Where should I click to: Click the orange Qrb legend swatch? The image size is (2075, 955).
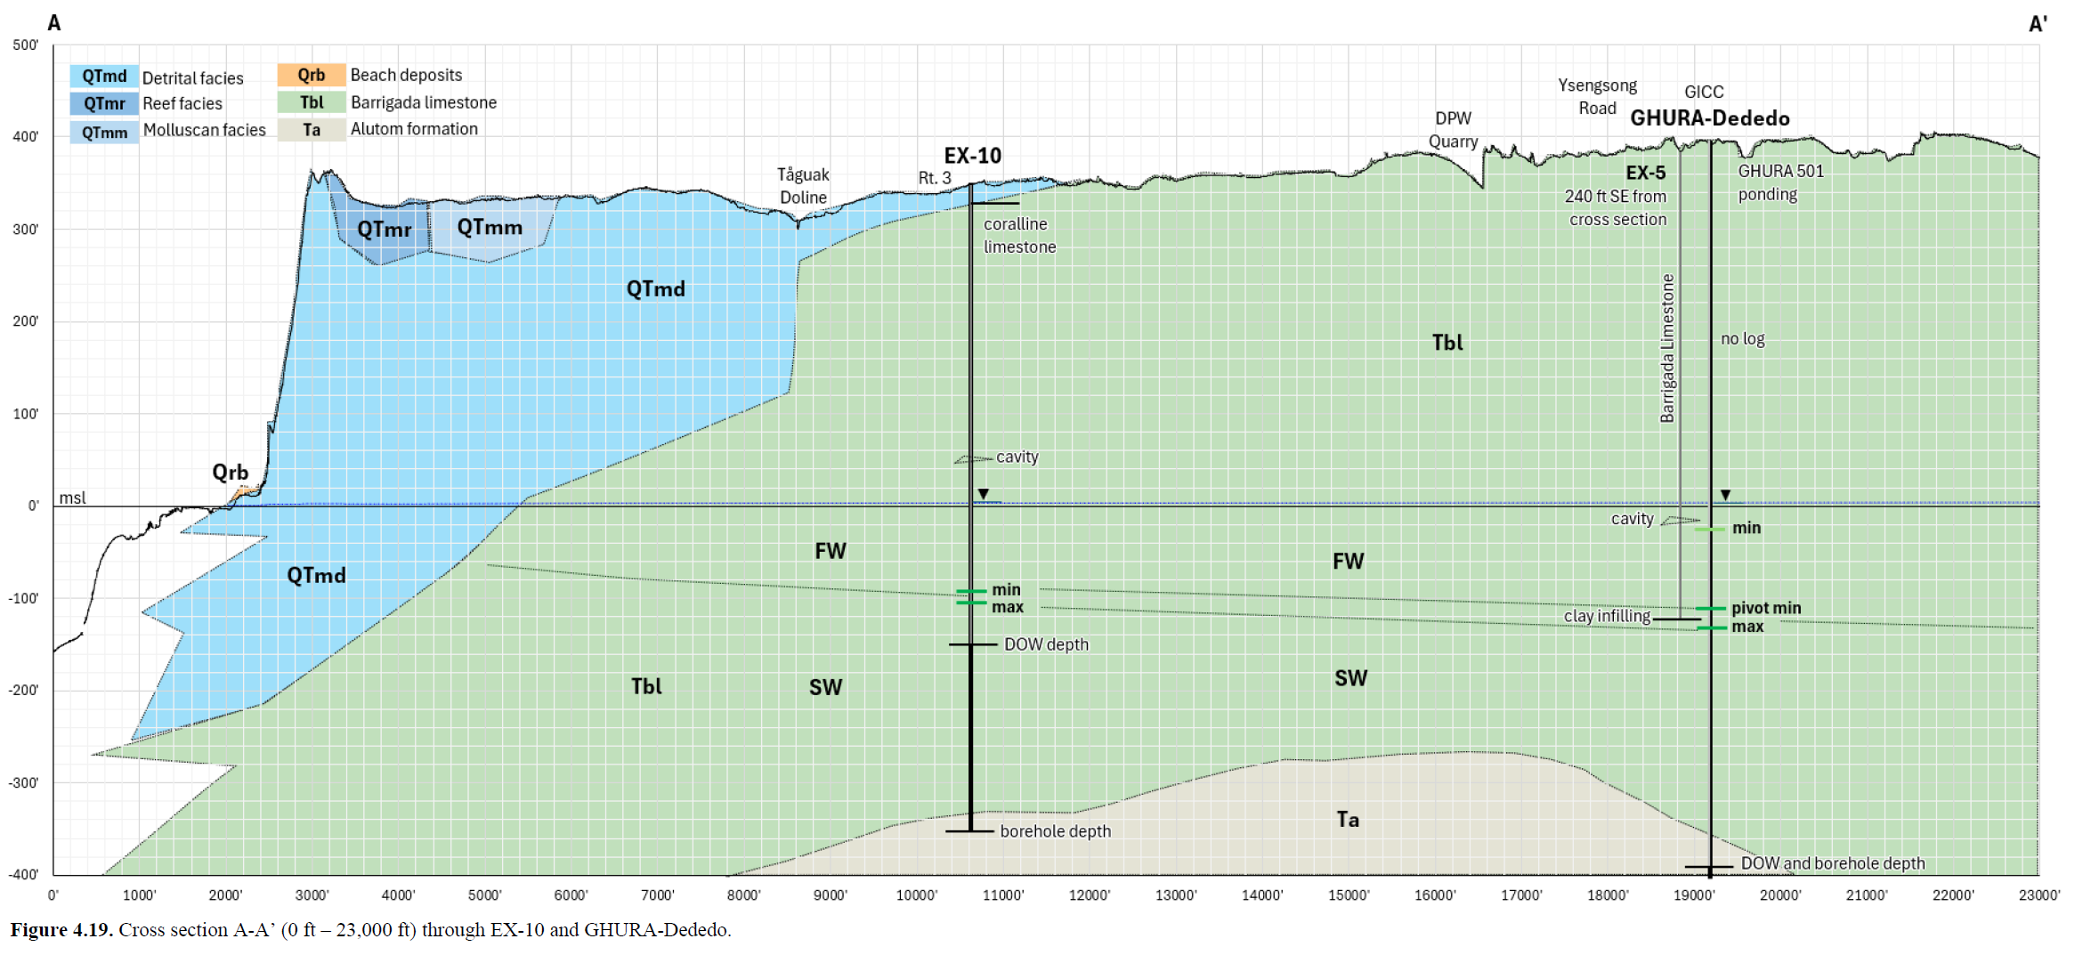[x=311, y=76]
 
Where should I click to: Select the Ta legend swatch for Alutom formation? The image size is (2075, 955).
[x=311, y=130]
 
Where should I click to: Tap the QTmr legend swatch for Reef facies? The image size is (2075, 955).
[x=104, y=104]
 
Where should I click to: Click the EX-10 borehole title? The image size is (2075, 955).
[x=972, y=156]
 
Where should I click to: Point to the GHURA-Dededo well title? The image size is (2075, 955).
[x=1709, y=118]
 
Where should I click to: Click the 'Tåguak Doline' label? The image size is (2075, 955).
[x=803, y=186]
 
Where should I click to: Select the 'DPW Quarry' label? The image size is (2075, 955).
[x=1453, y=130]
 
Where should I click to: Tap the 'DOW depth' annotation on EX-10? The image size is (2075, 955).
[x=1046, y=644]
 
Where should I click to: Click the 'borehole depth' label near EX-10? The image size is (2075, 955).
[x=1055, y=831]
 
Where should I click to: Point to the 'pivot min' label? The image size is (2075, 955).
[x=1766, y=609]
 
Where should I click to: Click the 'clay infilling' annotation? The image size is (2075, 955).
[x=1607, y=616]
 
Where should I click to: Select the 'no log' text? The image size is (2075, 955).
[x=1742, y=339]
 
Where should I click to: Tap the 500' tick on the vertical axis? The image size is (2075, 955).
[x=25, y=45]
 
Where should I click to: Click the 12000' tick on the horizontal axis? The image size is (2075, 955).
[x=1090, y=895]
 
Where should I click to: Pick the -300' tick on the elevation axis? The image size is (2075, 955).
[x=23, y=783]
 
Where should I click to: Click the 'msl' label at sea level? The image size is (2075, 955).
[x=72, y=498]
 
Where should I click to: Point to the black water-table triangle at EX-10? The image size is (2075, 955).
[x=984, y=494]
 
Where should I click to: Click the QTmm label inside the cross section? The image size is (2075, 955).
[x=490, y=228]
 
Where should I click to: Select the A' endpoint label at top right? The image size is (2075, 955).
[x=2038, y=24]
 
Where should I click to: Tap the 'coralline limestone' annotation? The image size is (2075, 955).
[x=1019, y=236]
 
